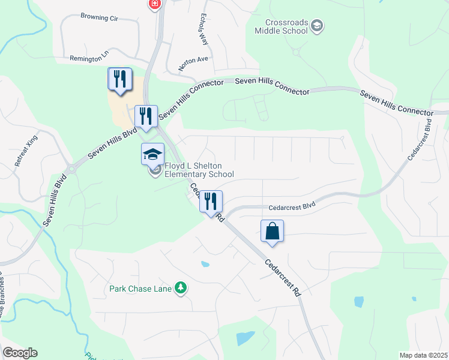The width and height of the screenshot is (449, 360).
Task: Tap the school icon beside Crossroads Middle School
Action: [318, 26]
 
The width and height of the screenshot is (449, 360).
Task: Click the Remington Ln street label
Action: [89, 58]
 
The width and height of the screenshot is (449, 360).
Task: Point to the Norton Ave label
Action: [193, 59]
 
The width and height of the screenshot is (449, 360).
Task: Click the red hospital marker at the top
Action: [155, 4]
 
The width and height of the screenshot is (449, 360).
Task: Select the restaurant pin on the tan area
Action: [119, 79]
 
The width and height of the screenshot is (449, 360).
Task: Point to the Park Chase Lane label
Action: [139, 289]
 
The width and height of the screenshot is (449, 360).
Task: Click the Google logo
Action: [20, 353]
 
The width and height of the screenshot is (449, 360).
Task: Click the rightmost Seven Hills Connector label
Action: [396, 103]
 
